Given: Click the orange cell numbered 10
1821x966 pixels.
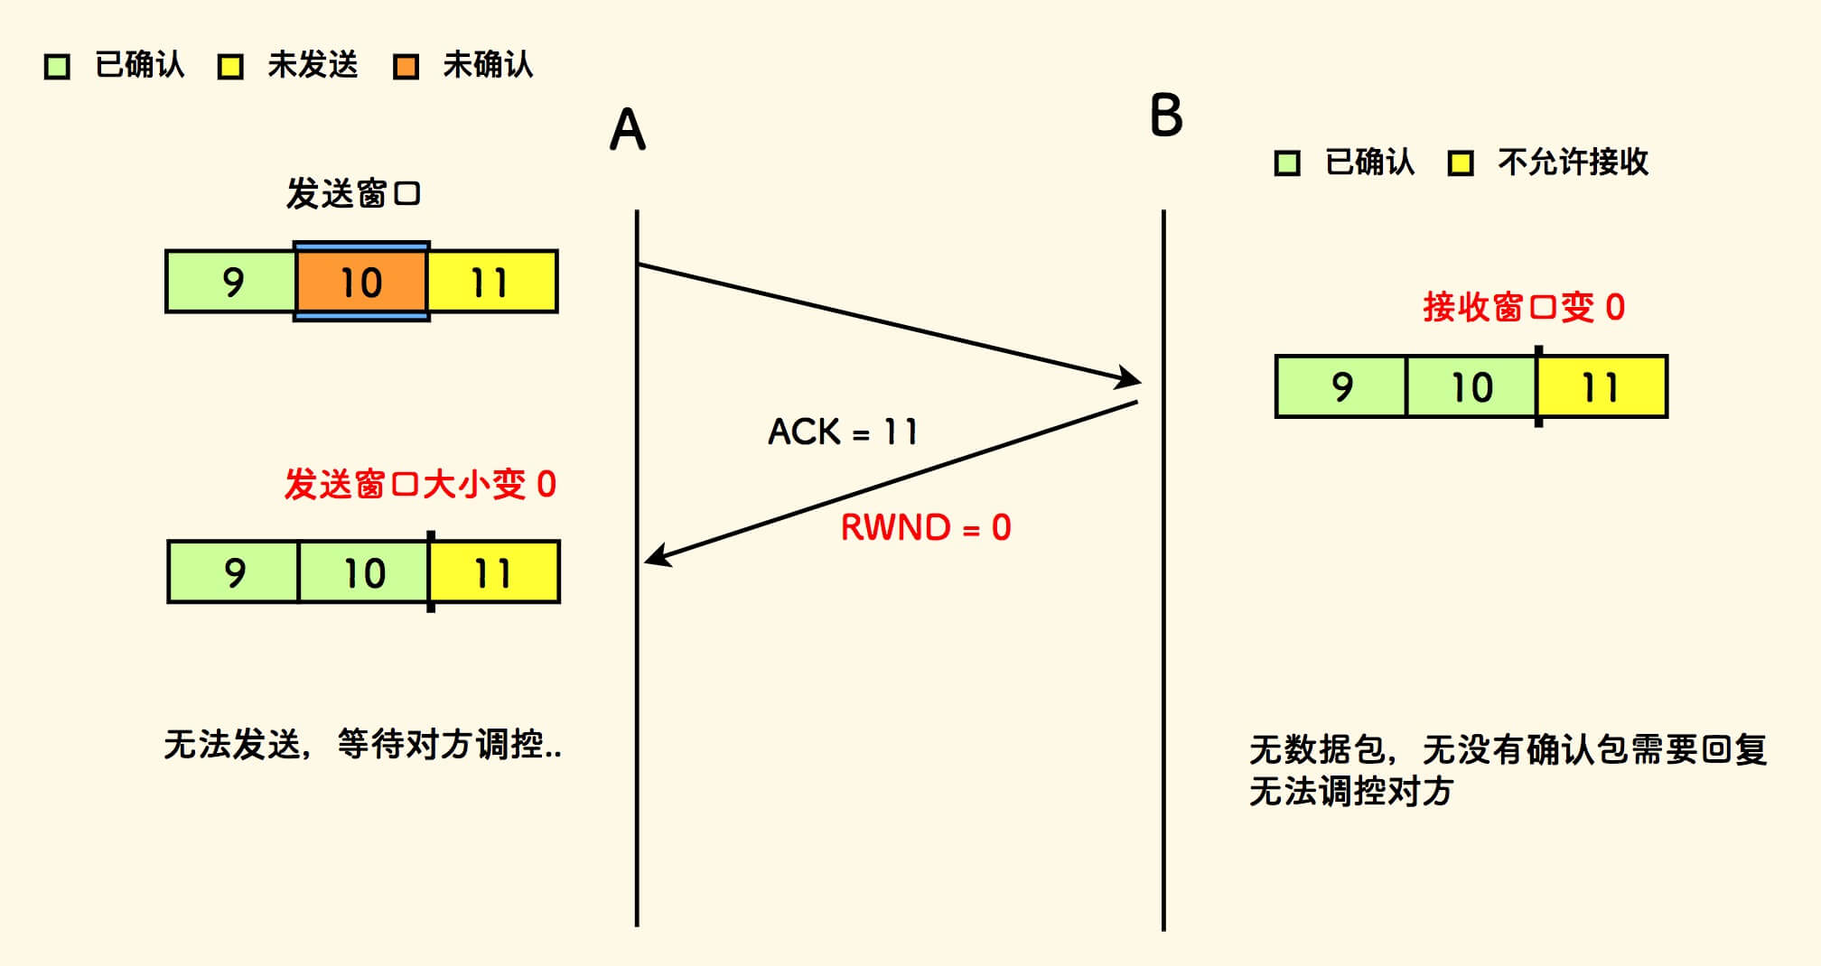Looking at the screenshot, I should [361, 282].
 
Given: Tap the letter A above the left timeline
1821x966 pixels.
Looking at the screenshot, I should [628, 130].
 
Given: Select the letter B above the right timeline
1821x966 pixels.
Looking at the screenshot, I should [1166, 116].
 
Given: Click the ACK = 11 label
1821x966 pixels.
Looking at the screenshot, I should [842, 432].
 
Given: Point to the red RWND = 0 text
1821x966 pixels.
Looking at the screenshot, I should [926, 527].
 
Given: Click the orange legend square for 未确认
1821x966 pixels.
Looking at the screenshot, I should [406, 67].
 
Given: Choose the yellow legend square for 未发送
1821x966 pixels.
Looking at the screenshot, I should [230, 67].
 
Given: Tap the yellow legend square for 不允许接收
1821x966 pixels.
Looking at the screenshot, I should [1461, 163].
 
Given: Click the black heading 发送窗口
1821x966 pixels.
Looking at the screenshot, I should [353, 193].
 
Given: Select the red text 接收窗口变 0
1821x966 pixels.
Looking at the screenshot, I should [1524, 307].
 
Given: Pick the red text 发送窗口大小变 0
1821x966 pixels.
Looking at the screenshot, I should [420, 484].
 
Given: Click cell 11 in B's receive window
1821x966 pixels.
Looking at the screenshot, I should [1602, 386].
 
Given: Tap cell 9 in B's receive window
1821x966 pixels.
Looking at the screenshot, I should [1341, 386].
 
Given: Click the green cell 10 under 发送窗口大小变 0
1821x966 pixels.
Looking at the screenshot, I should [364, 572].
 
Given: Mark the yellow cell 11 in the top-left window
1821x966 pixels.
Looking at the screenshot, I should [491, 282].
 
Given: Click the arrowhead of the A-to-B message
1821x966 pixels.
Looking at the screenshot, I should [1130, 378].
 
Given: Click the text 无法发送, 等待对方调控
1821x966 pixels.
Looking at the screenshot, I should [362, 745].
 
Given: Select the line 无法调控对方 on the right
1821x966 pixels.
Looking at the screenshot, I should [1350, 792].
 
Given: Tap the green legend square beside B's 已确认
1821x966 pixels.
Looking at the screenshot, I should [1287, 163].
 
